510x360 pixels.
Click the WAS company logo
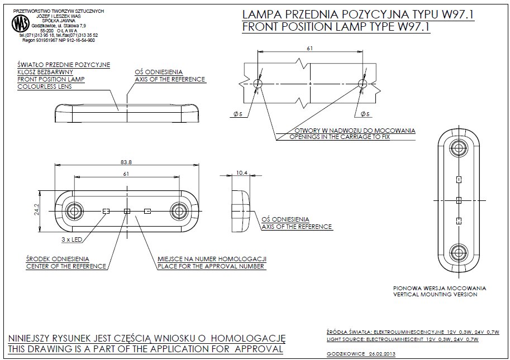coord(21,23)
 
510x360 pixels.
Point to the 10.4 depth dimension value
coord(242,173)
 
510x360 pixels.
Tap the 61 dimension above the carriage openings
coord(310,49)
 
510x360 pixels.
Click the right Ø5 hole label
coord(365,114)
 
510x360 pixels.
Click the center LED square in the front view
coord(126,211)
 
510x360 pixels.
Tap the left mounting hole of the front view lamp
coord(74,211)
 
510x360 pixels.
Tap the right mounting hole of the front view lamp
coord(179,211)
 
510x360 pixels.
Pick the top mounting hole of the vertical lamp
coord(459,148)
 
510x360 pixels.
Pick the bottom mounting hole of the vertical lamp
coord(459,252)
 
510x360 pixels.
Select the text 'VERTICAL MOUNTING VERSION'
coord(435,294)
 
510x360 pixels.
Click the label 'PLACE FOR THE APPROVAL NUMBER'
coord(212,266)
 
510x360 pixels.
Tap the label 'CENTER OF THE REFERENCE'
coord(66,266)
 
